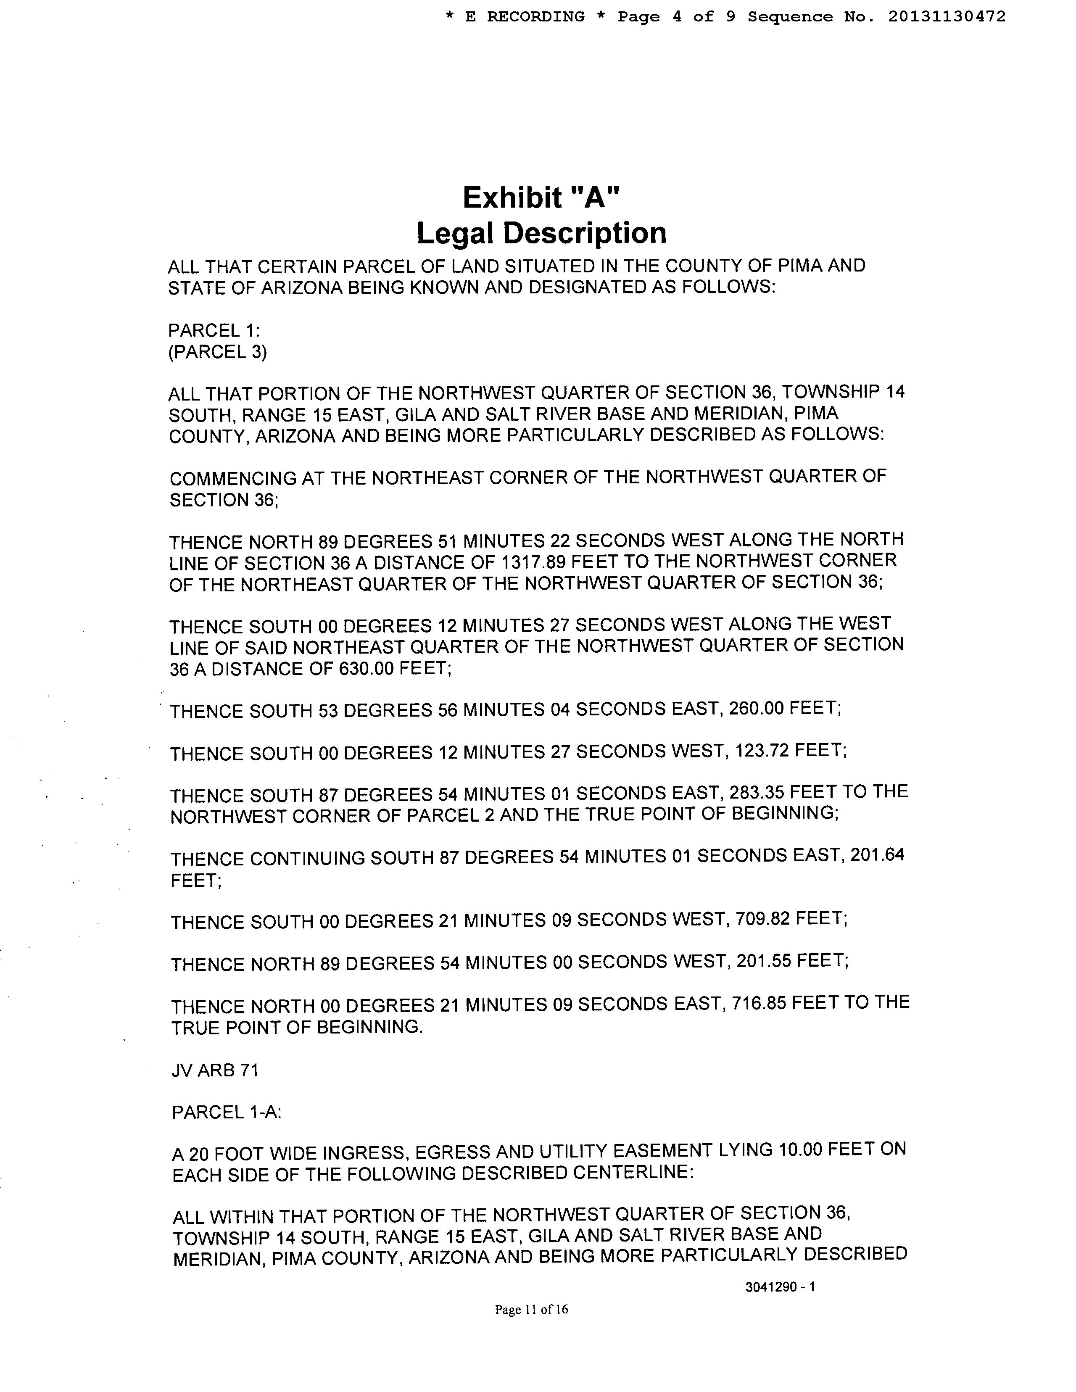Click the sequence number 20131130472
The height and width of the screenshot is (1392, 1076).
tap(946, 16)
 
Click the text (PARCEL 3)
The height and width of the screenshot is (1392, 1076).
tap(217, 352)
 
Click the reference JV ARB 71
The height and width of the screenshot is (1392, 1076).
tap(215, 1070)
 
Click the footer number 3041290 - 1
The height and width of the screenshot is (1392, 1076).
tap(780, 1287)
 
